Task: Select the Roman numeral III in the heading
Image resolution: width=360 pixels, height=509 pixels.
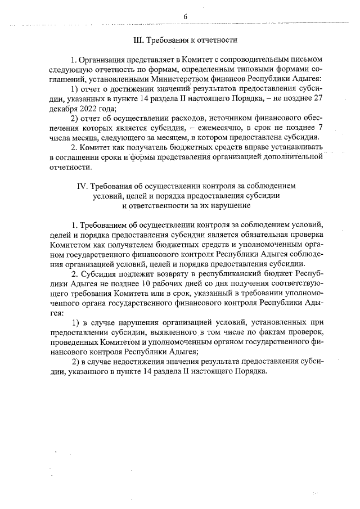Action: pos(137,40)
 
